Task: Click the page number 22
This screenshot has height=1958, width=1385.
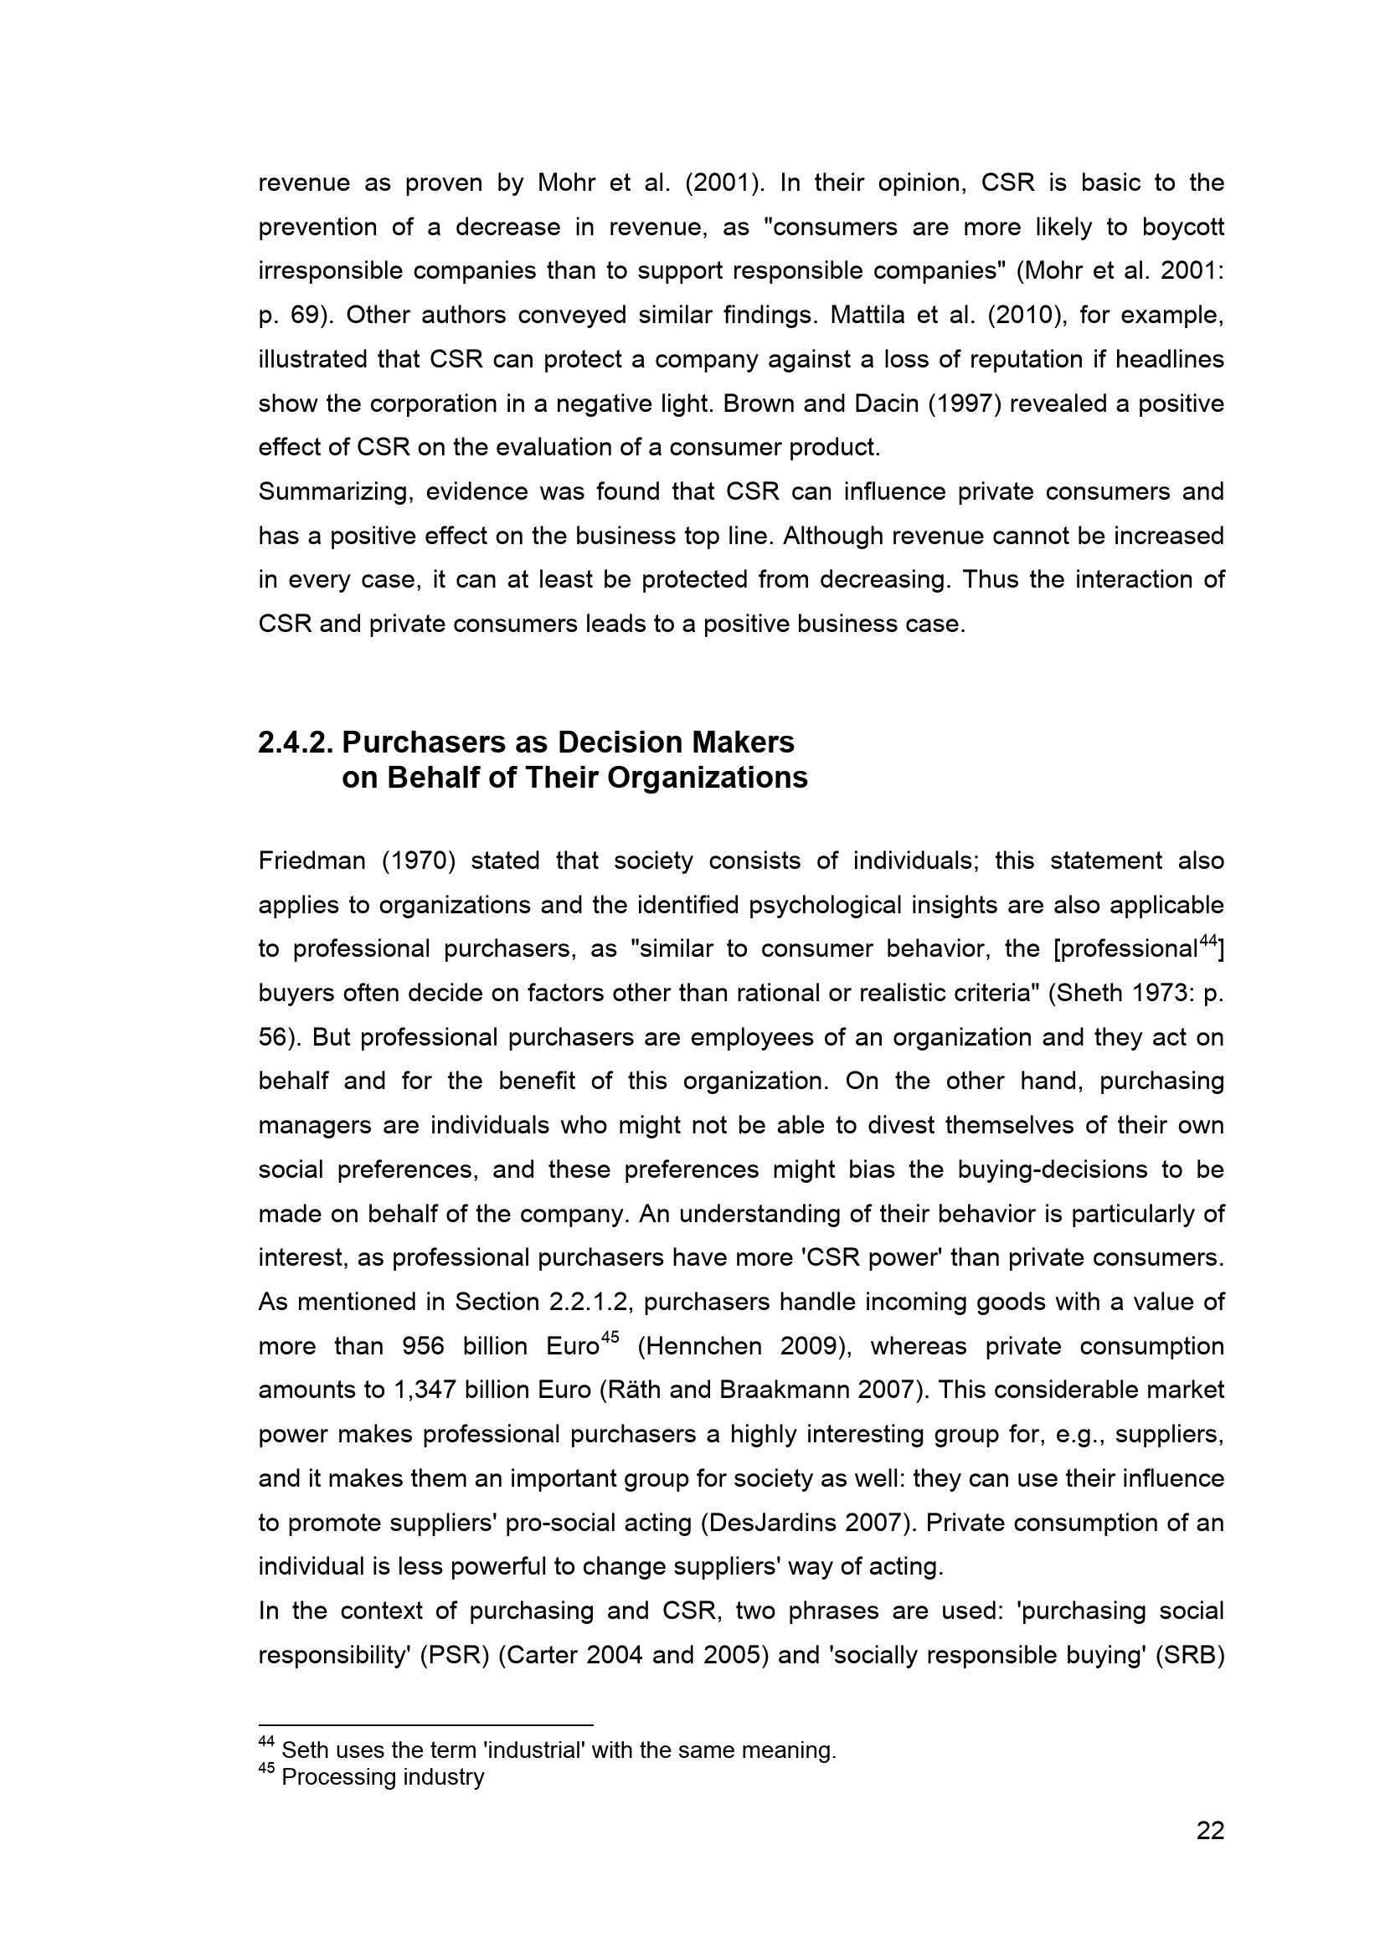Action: coord(1210,1831)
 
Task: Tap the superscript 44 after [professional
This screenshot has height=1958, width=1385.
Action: coord(1207,942)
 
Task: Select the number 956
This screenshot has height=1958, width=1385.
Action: coord(423,1347)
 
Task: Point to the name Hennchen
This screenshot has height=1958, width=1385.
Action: coord(700,1347)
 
